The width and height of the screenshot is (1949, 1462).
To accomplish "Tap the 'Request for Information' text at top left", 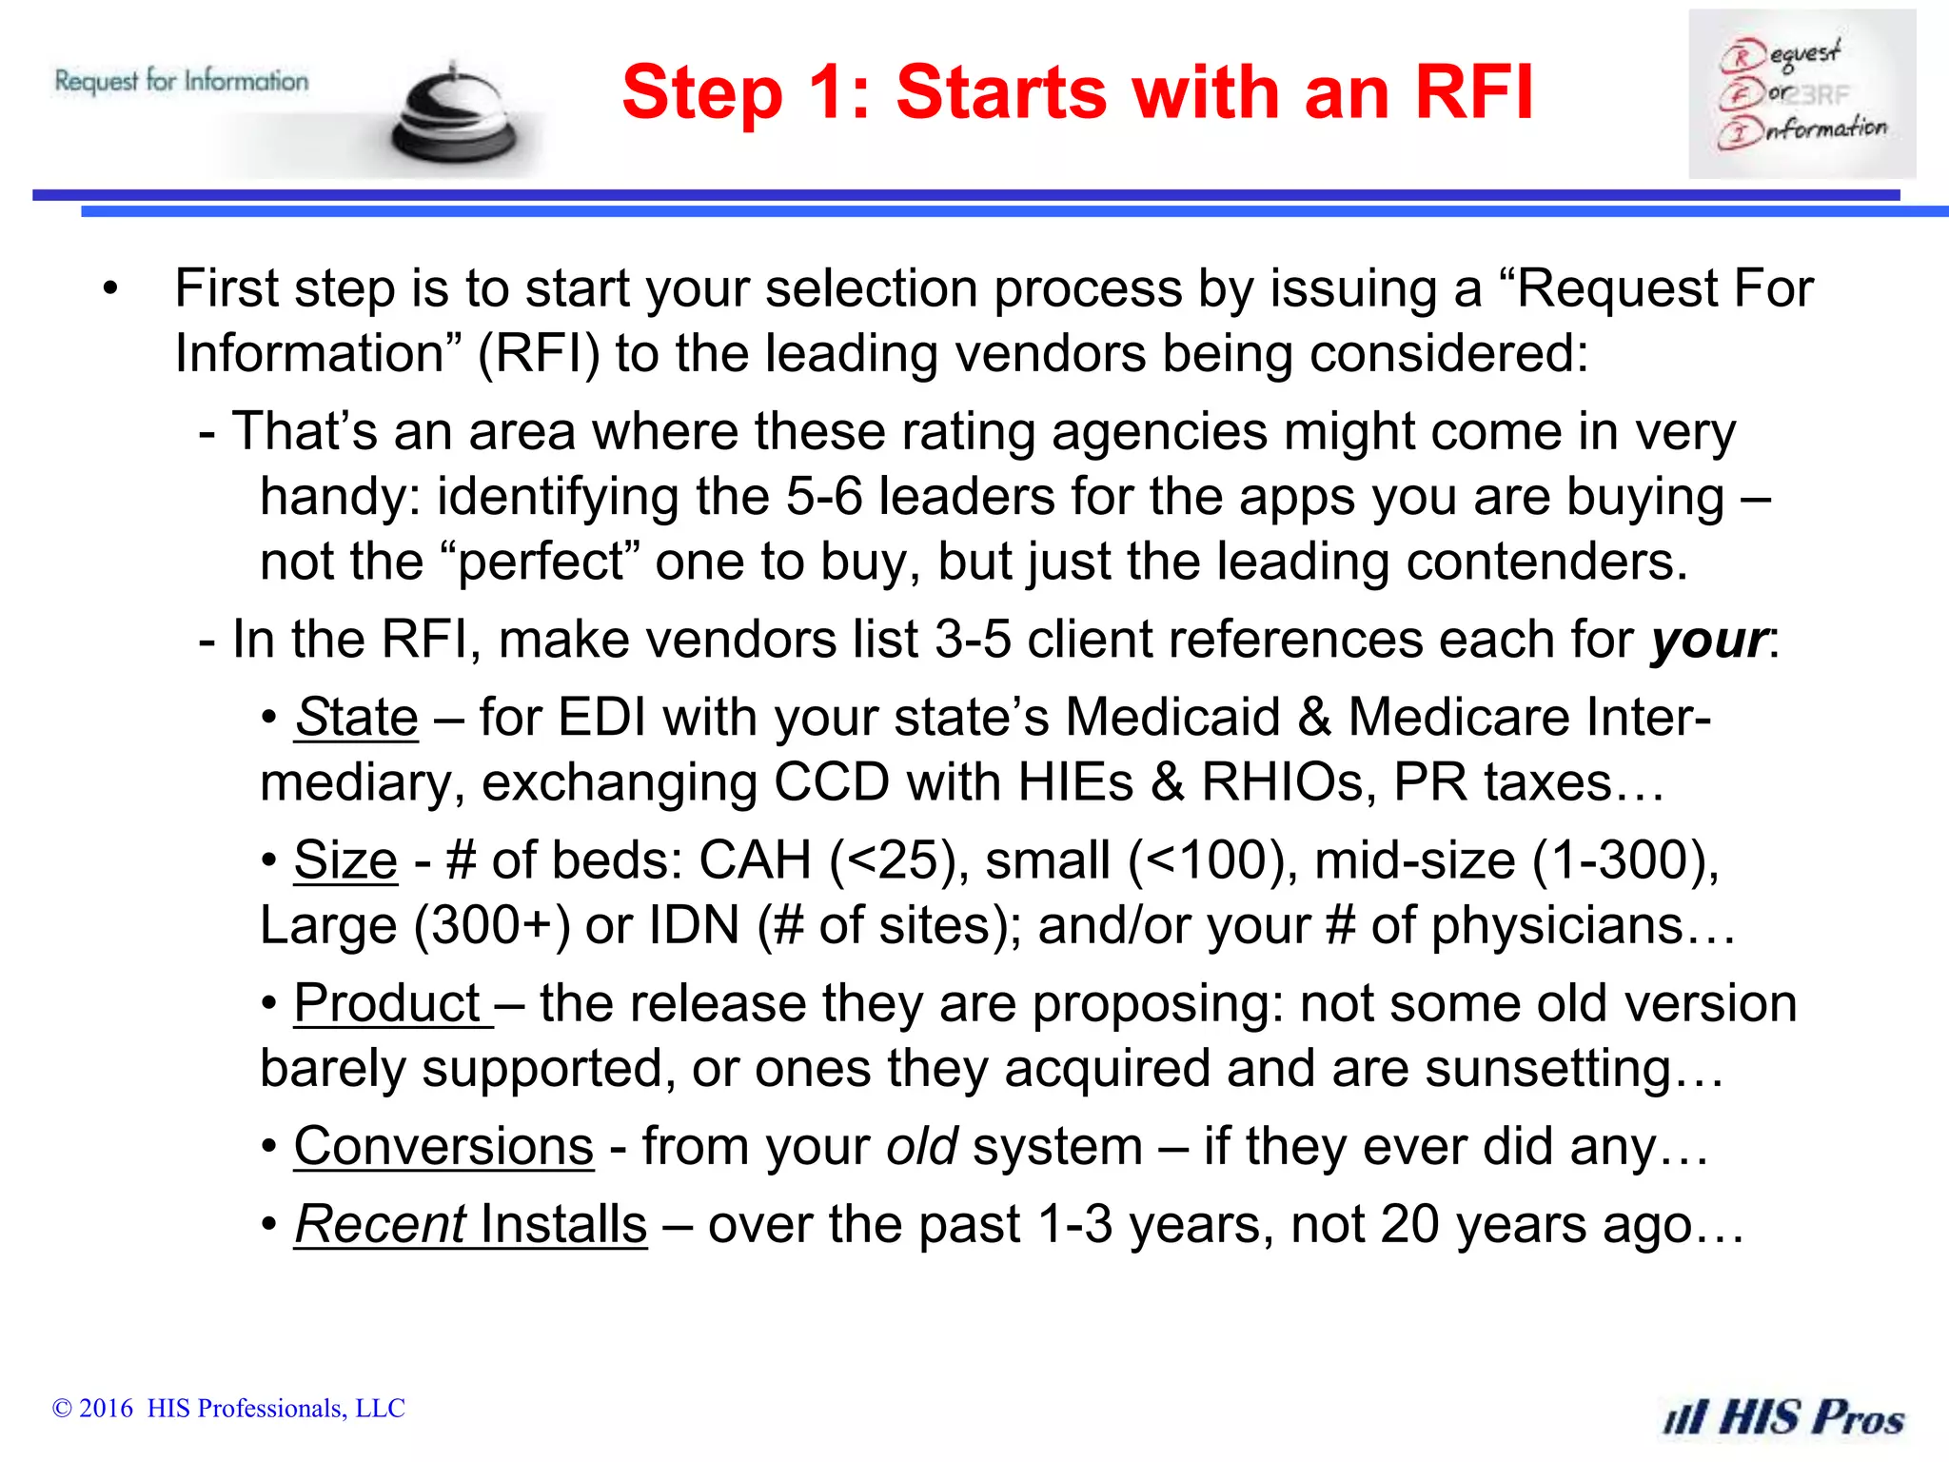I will pyautogui.click(x=182, y=81).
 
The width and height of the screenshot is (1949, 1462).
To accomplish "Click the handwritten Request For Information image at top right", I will pyautogui.click(x=1801, y=94).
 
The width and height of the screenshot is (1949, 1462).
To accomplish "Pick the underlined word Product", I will pyautogui.click(x=389, y=1003).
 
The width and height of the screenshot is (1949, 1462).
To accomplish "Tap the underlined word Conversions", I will pyautogui.click(x=443, y=1146).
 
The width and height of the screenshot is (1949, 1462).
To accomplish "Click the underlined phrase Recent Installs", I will pyautogui.click(x=470, y=1224).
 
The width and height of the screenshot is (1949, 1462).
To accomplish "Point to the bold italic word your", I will pyautogui.click(x=1709, y=640).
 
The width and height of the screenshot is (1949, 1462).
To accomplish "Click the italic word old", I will pyautogui.click(x=921, y=1146).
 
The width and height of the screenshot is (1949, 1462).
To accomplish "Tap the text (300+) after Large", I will pyautogui.click(x=492, y=925).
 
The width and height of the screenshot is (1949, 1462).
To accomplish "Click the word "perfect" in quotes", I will pyautogui.click(x=541, y=562).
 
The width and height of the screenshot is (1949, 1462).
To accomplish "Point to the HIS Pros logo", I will pyautogui.click(x=1782, y=1416).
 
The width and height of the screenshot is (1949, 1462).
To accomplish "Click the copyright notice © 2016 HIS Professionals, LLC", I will pyautogui.click(x=228, y=1408).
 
